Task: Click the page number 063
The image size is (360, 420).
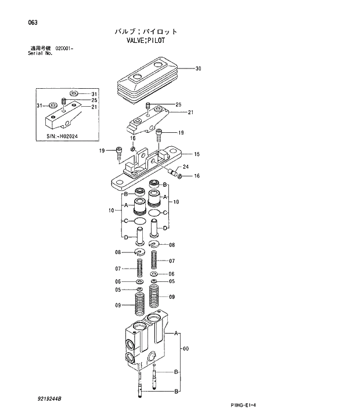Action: [x=33, y=23]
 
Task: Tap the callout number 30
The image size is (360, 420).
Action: [x=198, y=68]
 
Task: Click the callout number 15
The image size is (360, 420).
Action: [x=197, y=154]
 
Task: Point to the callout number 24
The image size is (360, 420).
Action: [x=186, y=166]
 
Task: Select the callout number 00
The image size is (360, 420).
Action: [x=185, y=349]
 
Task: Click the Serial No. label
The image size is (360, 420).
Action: [x=40, y=53]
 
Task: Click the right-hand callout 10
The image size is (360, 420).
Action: [x=175, y=201]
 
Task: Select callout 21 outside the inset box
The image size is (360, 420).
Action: [x=190, y=112]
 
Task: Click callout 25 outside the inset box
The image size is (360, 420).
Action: [x=178, y=104]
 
